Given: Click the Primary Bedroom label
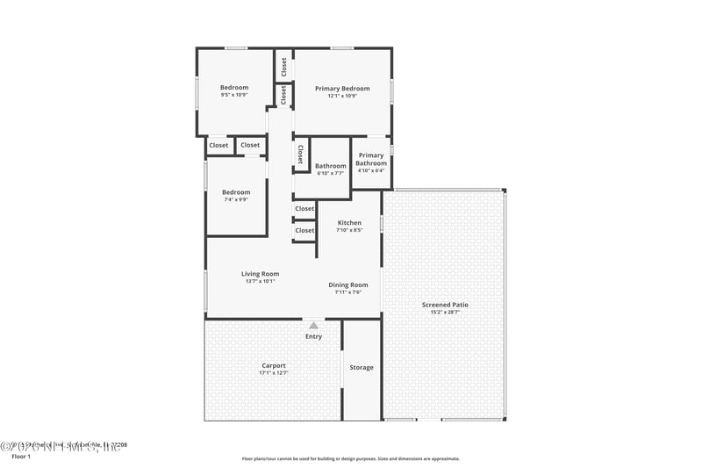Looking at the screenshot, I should coord(342,88).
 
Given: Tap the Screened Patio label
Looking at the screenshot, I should coord(450,305).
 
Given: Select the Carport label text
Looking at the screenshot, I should coord(274,365).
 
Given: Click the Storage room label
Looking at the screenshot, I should coord(362,367).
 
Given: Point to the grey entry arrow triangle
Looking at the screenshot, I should coord(313,325).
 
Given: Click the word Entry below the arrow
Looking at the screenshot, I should coord(313,336).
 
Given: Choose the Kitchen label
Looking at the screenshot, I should coord(349,223).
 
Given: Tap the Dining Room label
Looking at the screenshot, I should coord(348,284).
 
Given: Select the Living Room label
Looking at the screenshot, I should coord(260,274).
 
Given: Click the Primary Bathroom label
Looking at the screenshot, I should coord(371,159).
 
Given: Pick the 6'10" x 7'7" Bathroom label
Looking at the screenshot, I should coord(331,173).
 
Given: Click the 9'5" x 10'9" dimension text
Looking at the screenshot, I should coord(234,95).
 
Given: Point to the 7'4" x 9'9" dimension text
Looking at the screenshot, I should coord(235,199).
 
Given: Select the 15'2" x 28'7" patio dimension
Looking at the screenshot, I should coord(450,313).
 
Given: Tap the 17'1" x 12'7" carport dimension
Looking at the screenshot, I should coord(274,373).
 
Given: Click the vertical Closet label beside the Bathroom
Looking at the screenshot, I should coord(300,155).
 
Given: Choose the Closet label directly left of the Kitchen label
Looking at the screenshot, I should coord(304,230).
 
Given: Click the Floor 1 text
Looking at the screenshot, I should coord(20,457).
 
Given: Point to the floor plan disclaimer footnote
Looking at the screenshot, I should coord(350,458).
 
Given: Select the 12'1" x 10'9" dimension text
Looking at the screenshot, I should coord(342,96).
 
